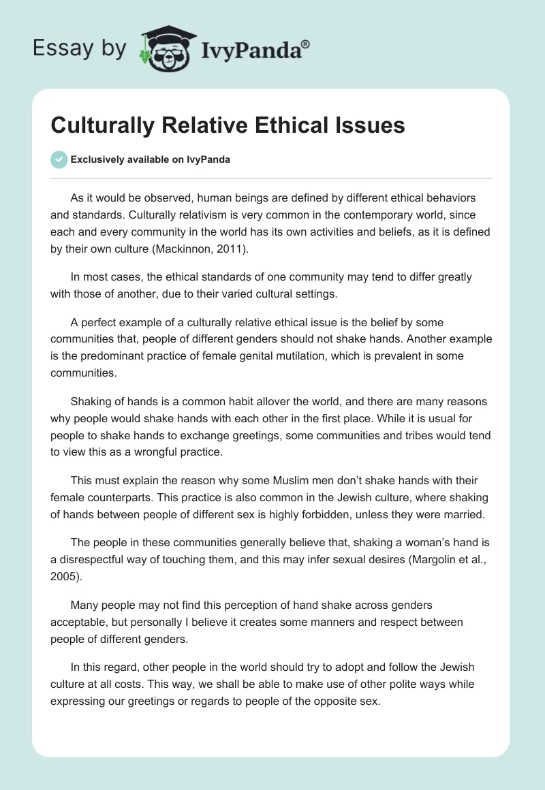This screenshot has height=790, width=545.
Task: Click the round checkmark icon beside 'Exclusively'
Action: click(59, 160)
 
